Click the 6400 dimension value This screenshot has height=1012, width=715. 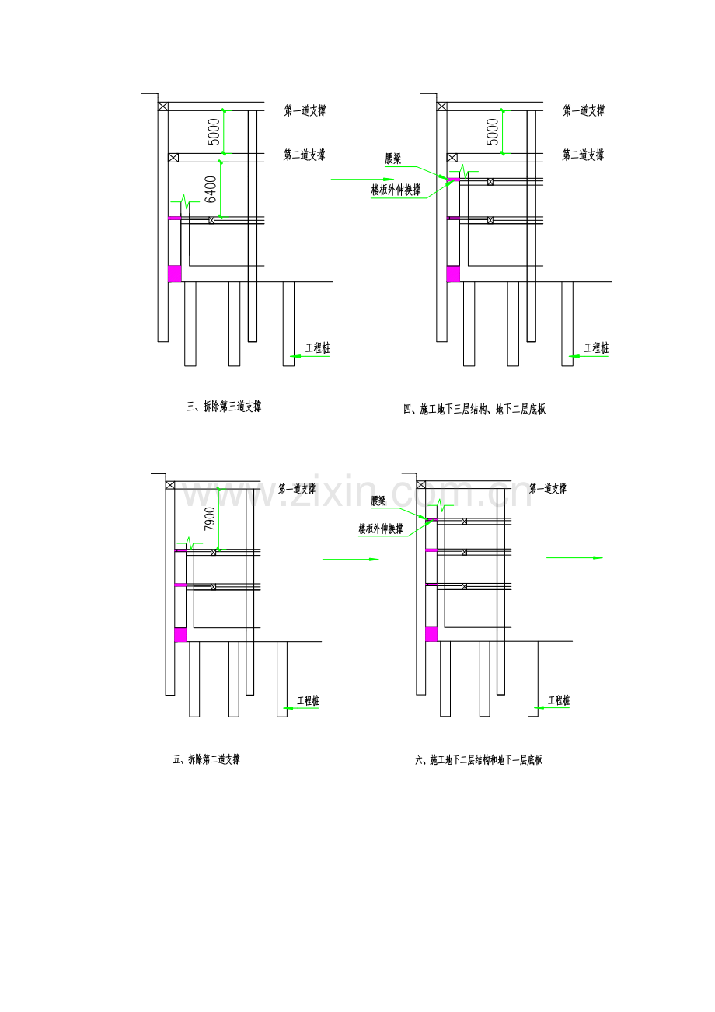[211, 190]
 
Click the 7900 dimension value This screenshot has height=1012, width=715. [210, 519]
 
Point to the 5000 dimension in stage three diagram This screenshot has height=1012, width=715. [214, 131]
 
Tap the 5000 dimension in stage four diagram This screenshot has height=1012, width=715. [492, 131]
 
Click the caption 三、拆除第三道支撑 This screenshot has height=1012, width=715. [224, 407]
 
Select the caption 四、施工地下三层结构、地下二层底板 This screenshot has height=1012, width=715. [474, 410]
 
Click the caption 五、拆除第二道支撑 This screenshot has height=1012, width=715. [207, 760]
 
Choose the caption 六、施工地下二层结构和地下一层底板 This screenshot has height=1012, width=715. [479, 760]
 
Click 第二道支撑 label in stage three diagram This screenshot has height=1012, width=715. [305, 155]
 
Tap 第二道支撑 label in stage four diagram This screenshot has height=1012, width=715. [583, 155]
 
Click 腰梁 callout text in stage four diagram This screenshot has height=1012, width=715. [393, 159]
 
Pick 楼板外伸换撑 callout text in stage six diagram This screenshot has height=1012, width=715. [381, 529]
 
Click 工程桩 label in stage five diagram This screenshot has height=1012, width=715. [308, 701]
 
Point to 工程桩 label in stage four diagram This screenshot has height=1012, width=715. [597, 348]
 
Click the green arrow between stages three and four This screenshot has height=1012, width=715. [363, 180]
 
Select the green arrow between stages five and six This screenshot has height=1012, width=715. [351, 560]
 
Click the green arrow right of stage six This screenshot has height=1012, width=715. [574, 557]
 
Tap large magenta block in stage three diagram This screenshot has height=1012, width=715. [175, 274]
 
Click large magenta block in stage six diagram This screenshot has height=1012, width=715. [431, 634]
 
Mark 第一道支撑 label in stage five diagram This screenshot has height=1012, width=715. [297, 489]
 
